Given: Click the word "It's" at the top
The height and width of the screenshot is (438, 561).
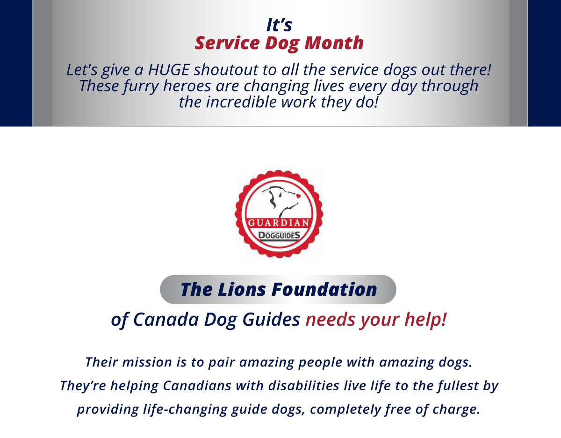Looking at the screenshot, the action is point(279,25).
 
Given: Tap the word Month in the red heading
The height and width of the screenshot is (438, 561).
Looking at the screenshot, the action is point(334,43).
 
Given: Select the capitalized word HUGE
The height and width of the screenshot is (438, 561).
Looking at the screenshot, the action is point(169,70).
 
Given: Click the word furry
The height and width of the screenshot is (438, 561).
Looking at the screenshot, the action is point(141,86).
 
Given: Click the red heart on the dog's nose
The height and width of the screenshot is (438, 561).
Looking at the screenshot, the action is point(298,196).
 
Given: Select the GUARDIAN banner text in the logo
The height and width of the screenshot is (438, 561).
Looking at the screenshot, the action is point(279,222).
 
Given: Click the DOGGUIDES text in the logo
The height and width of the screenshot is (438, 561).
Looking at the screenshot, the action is point(279,235).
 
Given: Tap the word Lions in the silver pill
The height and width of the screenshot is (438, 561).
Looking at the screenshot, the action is point(242,289).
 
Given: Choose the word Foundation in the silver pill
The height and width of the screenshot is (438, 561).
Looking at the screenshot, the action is point(324,289).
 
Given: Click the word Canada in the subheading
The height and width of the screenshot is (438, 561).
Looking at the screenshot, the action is point(166,320).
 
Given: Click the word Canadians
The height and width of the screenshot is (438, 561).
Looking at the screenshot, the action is point(197,386).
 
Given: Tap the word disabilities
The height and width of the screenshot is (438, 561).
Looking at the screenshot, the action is point(303,386).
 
